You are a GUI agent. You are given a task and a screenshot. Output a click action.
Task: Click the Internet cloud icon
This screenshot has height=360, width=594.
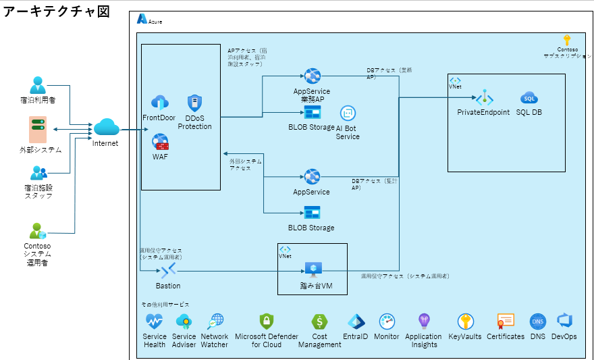click(106, 127)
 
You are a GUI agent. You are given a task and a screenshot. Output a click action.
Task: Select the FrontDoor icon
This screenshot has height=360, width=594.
click(159, 103)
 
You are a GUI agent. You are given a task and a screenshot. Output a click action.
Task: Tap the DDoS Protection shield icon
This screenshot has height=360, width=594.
click(194, 103)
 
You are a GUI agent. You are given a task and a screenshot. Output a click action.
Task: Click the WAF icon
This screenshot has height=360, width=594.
click(160, 143)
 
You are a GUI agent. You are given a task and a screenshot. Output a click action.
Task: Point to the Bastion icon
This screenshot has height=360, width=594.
click(168, 270)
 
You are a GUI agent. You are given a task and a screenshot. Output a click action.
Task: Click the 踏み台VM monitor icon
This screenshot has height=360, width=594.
click(312, 269)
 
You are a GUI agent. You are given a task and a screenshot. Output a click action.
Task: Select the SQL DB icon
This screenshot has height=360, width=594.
click(529, 98)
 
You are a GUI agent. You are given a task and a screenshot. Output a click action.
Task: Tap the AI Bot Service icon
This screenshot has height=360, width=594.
click(348, 113)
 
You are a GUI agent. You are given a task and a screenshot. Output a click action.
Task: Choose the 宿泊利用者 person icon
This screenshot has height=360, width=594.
click(38, 85)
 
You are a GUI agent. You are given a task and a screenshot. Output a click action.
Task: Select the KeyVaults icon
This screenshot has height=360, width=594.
click(465, 322)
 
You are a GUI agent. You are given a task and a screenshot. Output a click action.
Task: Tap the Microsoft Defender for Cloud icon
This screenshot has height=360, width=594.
click(266, 322)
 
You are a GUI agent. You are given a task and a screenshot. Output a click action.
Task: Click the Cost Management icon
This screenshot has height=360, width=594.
click(319, 322)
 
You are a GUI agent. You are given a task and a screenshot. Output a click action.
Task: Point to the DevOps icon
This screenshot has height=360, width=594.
click(564, 321)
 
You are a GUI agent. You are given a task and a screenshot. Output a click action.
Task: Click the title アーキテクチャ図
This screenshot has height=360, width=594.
click(57, 12)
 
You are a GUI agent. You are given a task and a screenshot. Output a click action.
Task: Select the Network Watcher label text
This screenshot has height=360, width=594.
click(215, 340)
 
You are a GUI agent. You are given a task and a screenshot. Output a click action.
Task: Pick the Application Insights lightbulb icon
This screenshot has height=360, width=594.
click(424, 321)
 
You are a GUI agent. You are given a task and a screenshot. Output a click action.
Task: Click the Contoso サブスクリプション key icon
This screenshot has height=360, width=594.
click(567, 40)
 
